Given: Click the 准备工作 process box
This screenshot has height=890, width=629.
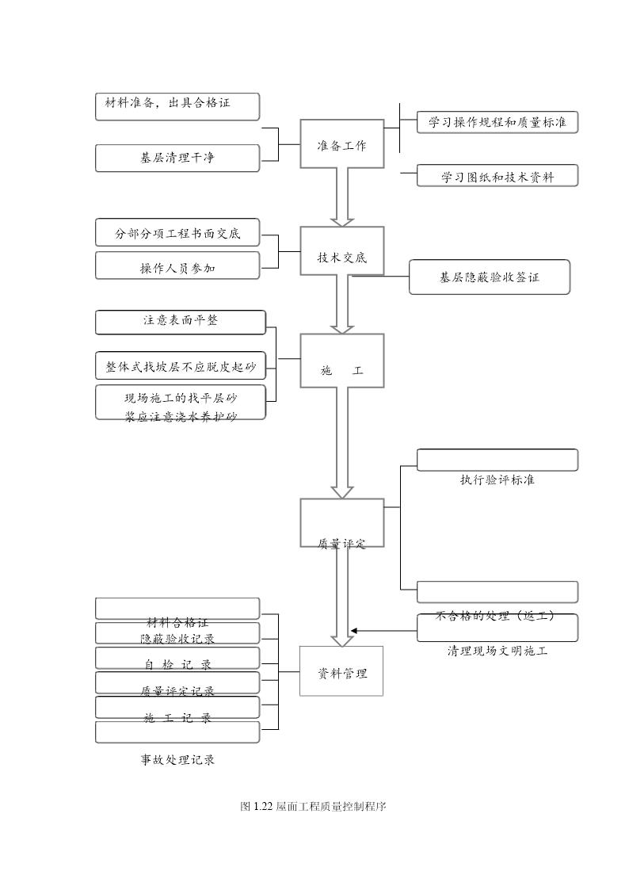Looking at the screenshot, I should [341, 144].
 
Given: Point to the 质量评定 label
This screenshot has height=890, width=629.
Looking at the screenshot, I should [341, 544].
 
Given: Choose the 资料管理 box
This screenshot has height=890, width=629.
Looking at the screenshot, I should [341, 671].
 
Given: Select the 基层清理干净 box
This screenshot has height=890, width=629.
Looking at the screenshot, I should [177, 158].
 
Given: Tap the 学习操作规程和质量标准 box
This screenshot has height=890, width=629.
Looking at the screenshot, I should [497, 122].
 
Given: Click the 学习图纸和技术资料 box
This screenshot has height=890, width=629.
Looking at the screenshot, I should [497, 176].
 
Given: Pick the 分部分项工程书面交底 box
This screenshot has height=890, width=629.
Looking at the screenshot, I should [177, 232].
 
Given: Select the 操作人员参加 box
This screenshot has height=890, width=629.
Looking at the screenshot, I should [177, 266].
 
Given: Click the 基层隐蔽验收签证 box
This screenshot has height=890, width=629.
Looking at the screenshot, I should [489, 277].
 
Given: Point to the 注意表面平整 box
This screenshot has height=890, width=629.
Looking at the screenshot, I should [181, 322].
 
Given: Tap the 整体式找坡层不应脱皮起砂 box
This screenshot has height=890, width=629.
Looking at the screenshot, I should [181, 365].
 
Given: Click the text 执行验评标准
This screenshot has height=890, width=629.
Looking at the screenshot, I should [497, 479].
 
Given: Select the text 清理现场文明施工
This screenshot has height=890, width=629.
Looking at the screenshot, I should [497, 651].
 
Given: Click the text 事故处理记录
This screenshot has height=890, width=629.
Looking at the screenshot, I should [177, 759].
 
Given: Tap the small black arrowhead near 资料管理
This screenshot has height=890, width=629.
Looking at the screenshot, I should [354, 631].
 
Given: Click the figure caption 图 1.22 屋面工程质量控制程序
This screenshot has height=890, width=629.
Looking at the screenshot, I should [313, 806].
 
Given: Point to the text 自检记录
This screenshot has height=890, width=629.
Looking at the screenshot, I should [177, 664].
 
